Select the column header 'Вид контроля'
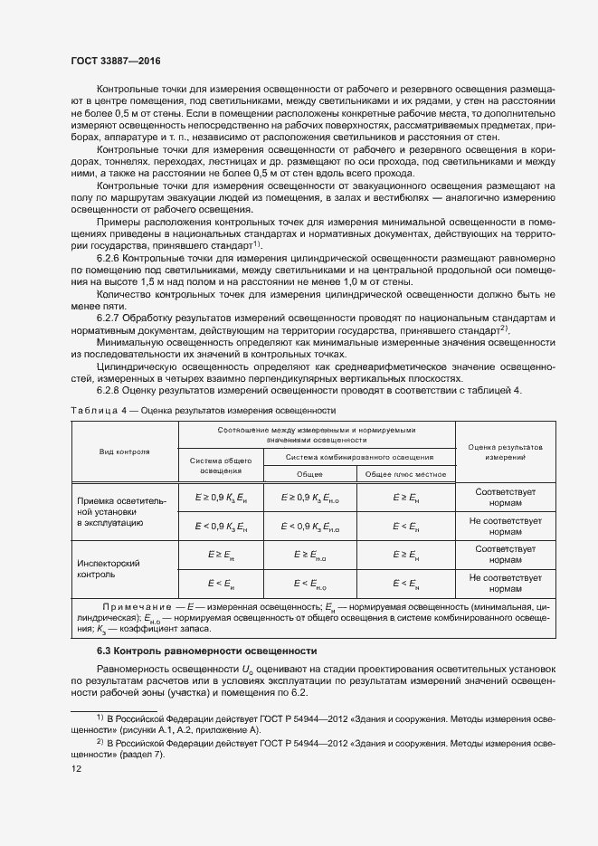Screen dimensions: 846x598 (125, 450)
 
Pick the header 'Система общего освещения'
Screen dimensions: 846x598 (220, 466)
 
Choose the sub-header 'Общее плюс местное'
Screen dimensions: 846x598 (405, 475)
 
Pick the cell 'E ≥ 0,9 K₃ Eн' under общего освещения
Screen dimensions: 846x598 (221, 498)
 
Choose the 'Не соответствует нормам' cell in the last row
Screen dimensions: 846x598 (506, 582)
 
